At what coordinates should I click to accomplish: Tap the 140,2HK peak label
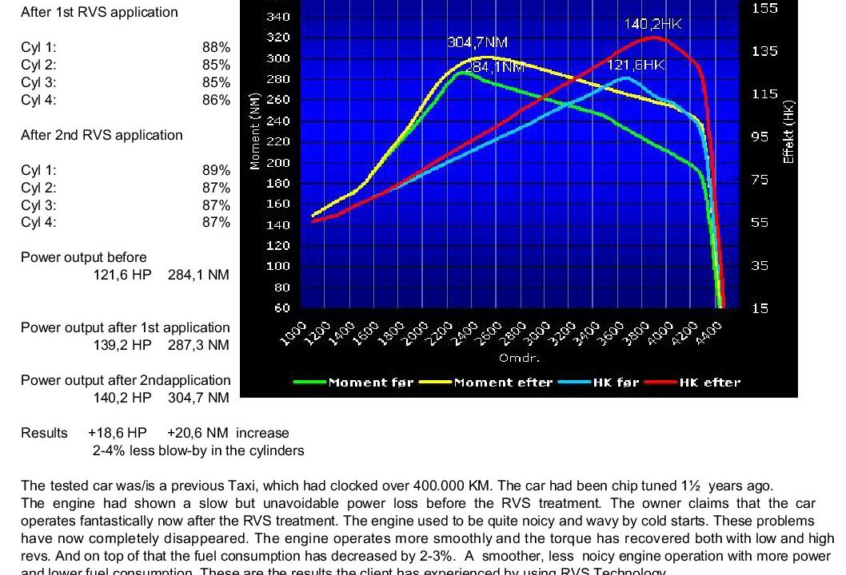652,25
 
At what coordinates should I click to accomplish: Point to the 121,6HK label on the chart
636,65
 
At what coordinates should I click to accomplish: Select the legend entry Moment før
370,383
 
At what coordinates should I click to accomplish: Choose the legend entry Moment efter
503,383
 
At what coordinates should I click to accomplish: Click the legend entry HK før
616,383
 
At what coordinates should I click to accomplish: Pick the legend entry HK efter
710,383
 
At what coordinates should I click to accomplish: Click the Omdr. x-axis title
520,359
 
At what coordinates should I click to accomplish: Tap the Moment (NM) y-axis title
255,131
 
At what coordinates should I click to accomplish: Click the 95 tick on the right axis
760,137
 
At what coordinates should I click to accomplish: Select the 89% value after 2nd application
216,171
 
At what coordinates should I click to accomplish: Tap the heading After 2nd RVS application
102,136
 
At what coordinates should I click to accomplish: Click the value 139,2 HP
122,345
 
